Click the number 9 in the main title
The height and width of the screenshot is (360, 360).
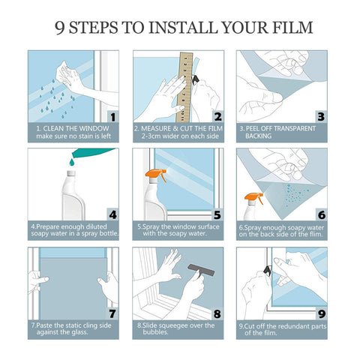pos(61,28)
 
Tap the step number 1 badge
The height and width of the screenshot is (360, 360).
pos(112,116)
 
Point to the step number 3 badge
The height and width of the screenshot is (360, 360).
pos(320,116)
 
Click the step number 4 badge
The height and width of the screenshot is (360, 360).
pos(112,214)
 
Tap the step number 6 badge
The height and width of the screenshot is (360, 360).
pos(320,214)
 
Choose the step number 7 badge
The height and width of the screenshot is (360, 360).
pos(112,313)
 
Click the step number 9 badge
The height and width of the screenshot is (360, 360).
pos(320,313)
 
